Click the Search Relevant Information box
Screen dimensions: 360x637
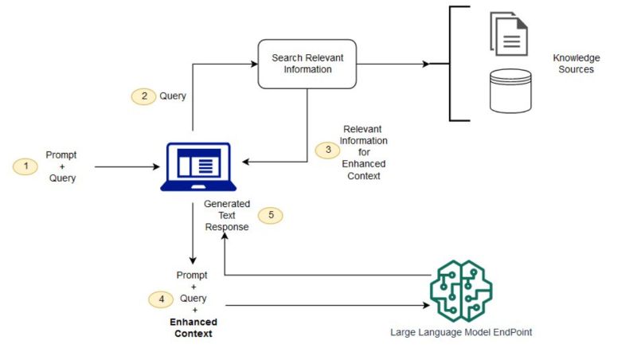[x=307, y=64]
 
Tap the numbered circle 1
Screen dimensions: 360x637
[x=25, y=166]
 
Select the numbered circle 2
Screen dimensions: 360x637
[x=144, y=96]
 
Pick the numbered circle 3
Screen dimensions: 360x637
[x=326, y=150]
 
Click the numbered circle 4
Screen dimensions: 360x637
[x=162, y=299]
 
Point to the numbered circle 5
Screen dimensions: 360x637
[x=271, y=214]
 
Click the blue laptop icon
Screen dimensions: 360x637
[x=196, y=166]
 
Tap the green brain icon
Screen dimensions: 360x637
[x=461, y=290]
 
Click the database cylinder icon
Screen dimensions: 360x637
[x=510, y=91]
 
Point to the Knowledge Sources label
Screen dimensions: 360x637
[x=576, y=64]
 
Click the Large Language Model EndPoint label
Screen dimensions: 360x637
[x=461, y=332]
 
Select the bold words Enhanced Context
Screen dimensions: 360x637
[x=193, y=327]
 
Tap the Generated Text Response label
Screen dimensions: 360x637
[x=227, y=215]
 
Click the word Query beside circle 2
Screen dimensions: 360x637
[x=173, y=96]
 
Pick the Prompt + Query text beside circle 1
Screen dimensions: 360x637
[x=61, y=166]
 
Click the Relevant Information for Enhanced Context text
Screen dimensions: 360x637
[x=364, y=151]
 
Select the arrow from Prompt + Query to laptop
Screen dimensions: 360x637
[x=127, y=167]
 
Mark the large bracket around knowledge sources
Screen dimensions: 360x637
[x=451, y=64]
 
